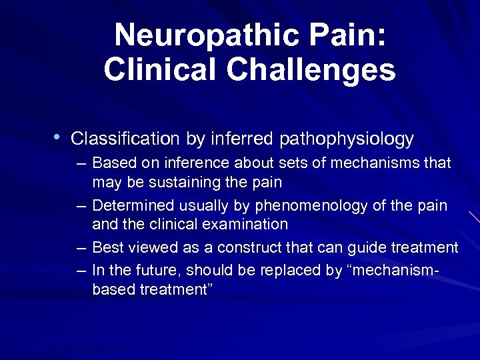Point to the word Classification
[x=125, y=139]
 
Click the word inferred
[x=241, y=139]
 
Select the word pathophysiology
[x=347, y=140]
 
